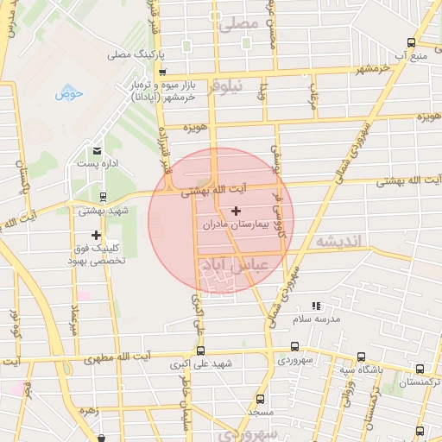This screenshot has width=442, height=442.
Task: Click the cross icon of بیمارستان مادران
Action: point(236,211)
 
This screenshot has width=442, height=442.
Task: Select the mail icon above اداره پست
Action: point(97,150)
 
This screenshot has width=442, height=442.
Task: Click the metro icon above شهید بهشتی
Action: point(103,197)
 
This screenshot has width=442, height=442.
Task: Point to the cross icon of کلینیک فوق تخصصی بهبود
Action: point(96,235)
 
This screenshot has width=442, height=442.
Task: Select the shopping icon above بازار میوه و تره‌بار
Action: point(162,72)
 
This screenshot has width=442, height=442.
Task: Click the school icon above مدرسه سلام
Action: point(316,306)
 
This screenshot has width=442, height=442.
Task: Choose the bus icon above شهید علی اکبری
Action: point(200,350)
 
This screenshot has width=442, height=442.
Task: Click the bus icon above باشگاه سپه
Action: point(361,356)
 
